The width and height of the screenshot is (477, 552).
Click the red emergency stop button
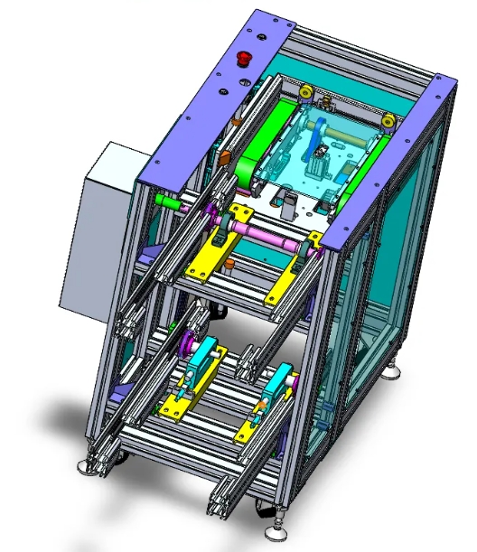tap(242, 59)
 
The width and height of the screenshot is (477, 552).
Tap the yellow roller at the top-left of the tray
tap(307, 93)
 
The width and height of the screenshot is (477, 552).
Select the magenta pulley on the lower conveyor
tap(188, 342)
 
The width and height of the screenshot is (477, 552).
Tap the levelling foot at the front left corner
tap(89, 464)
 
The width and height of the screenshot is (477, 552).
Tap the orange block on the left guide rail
tap(223, 156)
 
